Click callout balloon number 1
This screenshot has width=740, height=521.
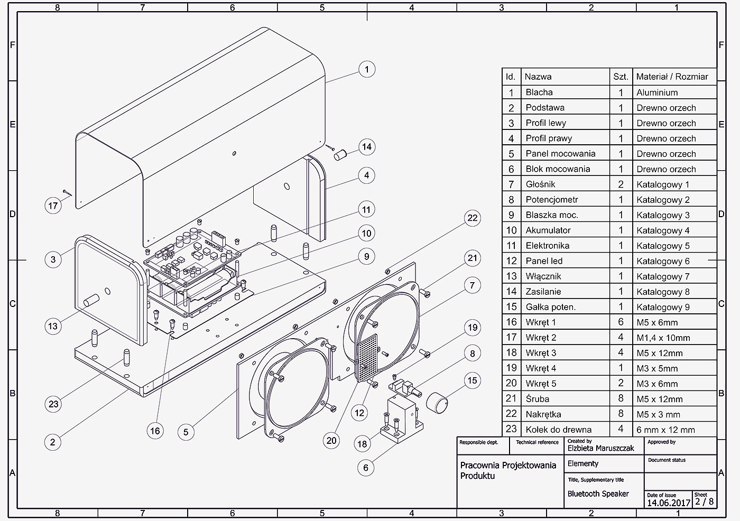pyautogui.click(x=367, y=69)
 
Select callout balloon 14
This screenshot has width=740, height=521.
pyautogui.click(x=367, y=147)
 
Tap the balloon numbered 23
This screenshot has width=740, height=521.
pyautogui.click(x=53, y=404)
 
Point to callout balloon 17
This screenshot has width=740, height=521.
pyautogui.click(x=53, y=206)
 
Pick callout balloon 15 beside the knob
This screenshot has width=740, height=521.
pyautogui.click(x=472, y=380)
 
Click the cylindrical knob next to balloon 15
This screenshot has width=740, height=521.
pyautogui.click(x=437, y=403)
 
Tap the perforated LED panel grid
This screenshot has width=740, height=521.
pyautogui.click(x=367, y=357)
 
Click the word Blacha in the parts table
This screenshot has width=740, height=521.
pyautogui.click(x=539, y=92)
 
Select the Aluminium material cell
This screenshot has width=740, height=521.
pyautogui.click(x=657, y=92)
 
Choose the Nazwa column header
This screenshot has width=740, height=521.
pyautogui.click(x=538, y=77)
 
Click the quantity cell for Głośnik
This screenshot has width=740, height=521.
pyautogui.click(x=621, y=184)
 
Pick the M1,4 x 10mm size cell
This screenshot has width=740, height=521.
pyautogui.click(x=663, y=338)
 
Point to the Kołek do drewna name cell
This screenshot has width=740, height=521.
pyautogui.click(x=559, y=430)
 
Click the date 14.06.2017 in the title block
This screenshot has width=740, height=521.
pyautogui.click(x=669, y=503)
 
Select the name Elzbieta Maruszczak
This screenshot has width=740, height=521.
pyautogui.click(x=600, y=448)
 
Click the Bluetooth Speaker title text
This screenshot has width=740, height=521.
pyautogui.click(x=598, y=494)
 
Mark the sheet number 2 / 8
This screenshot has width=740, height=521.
pyautogui.click(x=704, y=501)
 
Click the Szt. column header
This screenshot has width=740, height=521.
pyautogui.click(x=621, y=77)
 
